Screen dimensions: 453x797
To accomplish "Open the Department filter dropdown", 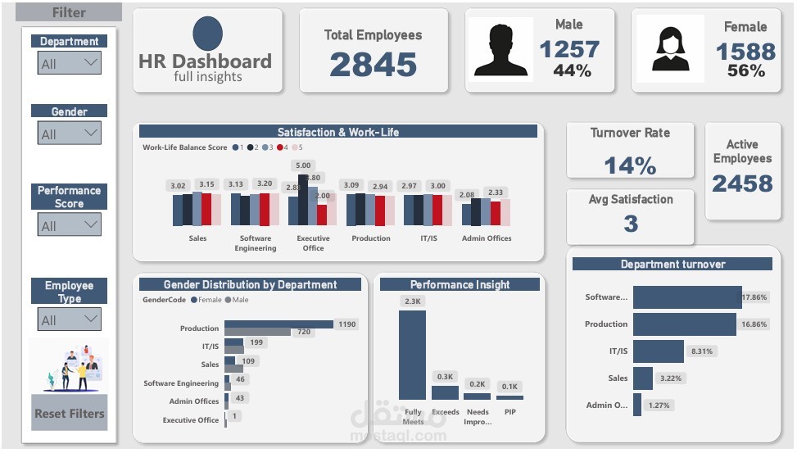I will [x=70, y=63].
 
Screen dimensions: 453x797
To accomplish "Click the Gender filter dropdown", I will [x=70, y=134].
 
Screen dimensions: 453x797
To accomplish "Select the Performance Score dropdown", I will [x=70, y=225].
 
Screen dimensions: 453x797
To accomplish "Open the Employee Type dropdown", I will [x=70, y=319].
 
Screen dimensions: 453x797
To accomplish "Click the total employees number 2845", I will [x=373, y=65].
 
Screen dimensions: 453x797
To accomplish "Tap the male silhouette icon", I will [x=500, y=50].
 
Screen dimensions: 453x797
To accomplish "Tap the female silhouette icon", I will [x=669, y=50].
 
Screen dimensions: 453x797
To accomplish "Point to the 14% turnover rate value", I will [x=630, y=165].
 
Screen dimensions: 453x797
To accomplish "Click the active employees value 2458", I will [x=742, y=184].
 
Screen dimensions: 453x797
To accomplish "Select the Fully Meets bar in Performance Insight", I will [x=412, y=355].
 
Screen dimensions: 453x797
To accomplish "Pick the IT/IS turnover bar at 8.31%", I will [x=658, y=351].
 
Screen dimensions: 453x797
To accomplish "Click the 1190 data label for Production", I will [x=347, y=324].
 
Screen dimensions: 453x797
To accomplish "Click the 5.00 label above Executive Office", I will [x=303, y=165].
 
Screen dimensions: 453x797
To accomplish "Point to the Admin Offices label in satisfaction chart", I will [x=487, y=238].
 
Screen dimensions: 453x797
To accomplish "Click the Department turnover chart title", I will [x=672, y=264].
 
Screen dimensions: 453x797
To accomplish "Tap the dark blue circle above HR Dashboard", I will [x=207, y=34].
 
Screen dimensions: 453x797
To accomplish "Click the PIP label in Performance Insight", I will [x=510, y=412].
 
